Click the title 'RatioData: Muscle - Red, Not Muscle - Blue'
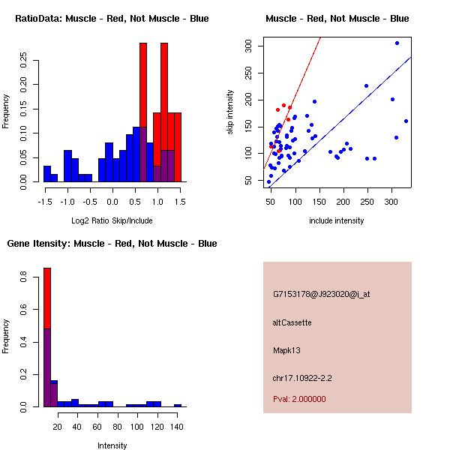point(112,18)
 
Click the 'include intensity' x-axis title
point(336,220)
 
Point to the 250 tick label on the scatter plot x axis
point(367,202)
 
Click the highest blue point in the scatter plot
point(397,43)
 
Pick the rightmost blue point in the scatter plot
point(406,121)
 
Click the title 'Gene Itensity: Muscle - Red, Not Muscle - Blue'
point(112,244)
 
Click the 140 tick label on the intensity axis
point(178,426)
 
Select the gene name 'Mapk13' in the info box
point(288,350)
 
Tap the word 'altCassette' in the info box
point(292,322)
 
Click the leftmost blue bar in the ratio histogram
point(47,173)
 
